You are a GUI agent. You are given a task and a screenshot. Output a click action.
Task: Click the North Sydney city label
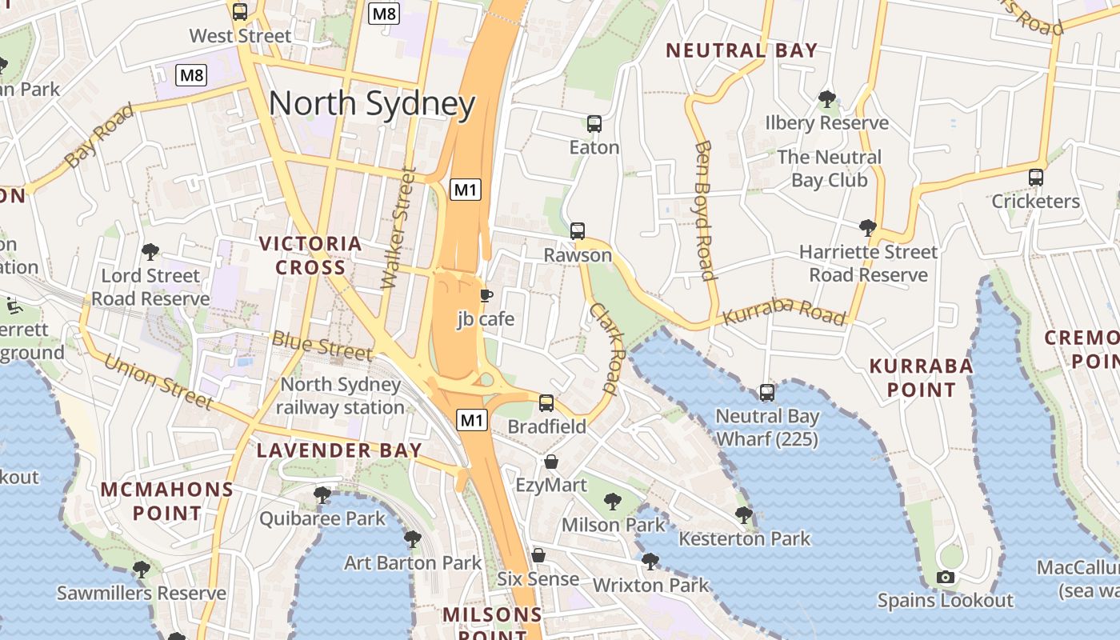pos(372,104)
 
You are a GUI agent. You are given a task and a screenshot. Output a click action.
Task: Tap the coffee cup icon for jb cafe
pos(486,296)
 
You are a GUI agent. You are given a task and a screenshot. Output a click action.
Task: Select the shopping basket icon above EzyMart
pos(551,462)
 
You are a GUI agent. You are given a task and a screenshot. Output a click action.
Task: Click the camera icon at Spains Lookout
pos(945,577)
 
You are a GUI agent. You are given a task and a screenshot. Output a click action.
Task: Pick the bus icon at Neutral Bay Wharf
pos(767,393)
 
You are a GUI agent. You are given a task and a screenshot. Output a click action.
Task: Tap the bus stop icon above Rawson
pos(578,231)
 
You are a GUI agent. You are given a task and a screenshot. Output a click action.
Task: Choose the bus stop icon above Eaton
pos(594,124)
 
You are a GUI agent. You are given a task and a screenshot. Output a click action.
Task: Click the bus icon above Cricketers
pos(1036,178)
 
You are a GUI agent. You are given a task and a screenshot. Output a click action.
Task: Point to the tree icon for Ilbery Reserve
pos(826,99)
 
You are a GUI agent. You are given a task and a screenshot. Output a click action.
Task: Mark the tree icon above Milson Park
pos(613,502)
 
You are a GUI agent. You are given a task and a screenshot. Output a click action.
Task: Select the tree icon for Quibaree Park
pos(322,495)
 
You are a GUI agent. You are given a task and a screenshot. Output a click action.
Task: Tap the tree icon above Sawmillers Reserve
pos(141,570)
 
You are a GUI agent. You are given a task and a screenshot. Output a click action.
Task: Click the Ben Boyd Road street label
pos(704,211)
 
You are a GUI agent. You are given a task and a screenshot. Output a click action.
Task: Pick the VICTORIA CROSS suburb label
pos(310,255)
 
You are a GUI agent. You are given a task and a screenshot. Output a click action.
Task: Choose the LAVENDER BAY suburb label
pos(339,450)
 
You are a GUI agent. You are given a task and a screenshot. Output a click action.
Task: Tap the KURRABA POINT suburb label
pos(921,378)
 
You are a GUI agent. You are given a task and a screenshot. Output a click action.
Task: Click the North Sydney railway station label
pos(341,395)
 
